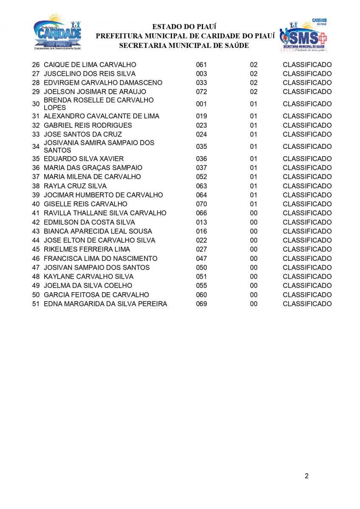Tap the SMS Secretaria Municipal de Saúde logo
pos(303,35)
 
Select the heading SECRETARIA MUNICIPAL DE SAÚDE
pos(184,45)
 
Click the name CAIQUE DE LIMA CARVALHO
pos(90,65)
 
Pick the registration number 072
pos(201,92)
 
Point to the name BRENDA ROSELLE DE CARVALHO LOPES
pos(98,104)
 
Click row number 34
pos(36,146)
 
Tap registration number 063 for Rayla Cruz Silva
pos(201,186)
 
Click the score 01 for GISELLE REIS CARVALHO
pos(254,204)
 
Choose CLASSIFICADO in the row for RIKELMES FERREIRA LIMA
pos(307,249)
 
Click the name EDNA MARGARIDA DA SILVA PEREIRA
pos(105,304)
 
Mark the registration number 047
pos(201,258)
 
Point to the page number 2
pos(306,475)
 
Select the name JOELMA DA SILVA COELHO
pos(88,285)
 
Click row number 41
pos(36,213)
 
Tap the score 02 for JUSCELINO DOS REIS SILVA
pos(254,74)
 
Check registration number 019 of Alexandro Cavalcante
pos(201,116)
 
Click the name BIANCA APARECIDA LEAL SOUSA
pos(98,231)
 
